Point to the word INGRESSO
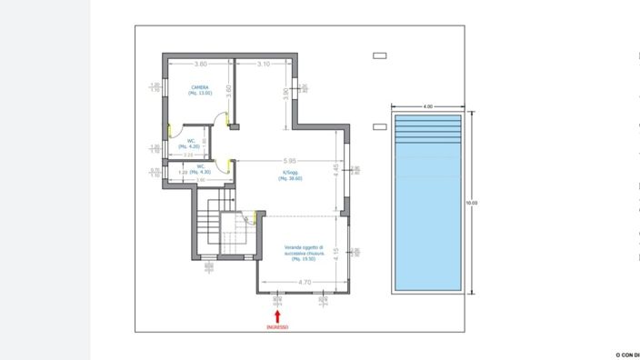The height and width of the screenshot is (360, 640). [x=278, y=326]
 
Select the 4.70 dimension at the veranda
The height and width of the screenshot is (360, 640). [x=305, y=283]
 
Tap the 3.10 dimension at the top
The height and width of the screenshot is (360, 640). [x=264, y=65]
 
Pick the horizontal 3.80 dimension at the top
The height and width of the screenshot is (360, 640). [x=200, y=65]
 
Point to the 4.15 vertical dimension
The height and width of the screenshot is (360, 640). [x=336, y=252]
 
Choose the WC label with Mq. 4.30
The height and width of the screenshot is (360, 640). [x=199, y=169]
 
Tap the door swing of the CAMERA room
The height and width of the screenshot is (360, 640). [x=220, y=118]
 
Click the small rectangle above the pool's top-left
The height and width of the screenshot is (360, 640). [x=380, y=55]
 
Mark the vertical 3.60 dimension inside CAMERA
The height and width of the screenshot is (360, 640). [x=228, y=92]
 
